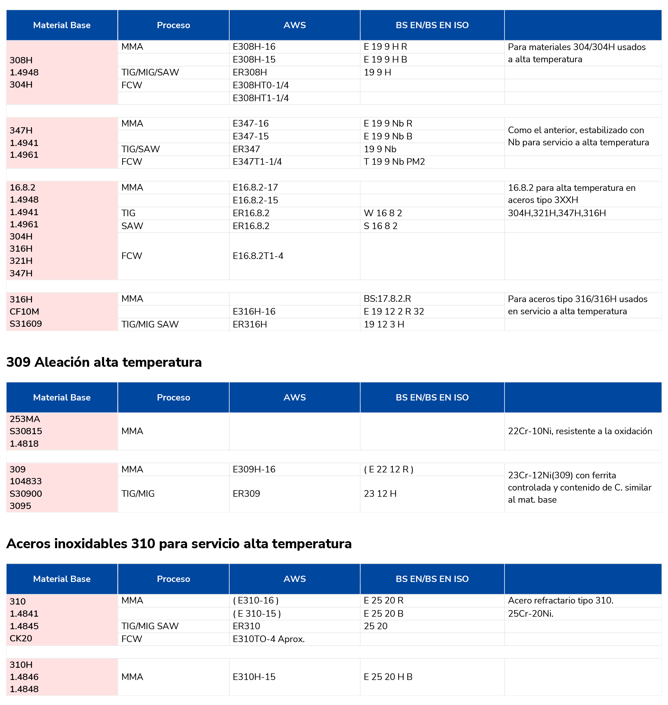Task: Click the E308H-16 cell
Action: (254, 47)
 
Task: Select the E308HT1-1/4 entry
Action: (261, 98)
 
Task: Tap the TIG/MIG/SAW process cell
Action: (150, 72)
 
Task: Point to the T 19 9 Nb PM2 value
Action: (394, 162)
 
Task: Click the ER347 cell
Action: (246, 149)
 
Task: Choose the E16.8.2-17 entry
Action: (255, 187)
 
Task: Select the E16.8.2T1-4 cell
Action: (258, 256)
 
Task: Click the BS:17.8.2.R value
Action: (387, 298)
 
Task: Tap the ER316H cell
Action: (249, 324)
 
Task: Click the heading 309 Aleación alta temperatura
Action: (104, 362)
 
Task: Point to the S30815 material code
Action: (26, 431)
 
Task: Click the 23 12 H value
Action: (380, 493)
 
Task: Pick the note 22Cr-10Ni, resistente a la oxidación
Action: (580, 431)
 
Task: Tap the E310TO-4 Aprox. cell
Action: (269, 639)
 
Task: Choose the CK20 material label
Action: (21, 638)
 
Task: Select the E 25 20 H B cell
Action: (388, 676)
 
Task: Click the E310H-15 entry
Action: (254, 676)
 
